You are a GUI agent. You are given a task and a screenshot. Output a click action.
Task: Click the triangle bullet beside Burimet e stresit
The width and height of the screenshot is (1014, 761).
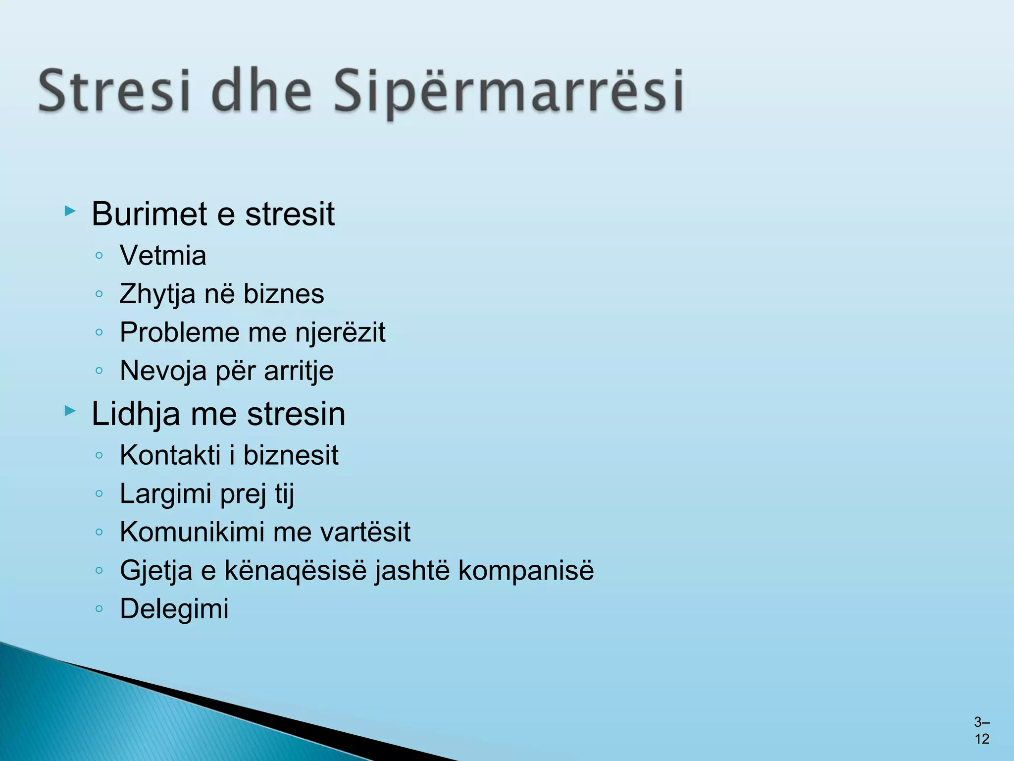(70, 212)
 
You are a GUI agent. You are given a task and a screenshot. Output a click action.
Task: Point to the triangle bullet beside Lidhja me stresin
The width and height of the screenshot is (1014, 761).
(70, 411)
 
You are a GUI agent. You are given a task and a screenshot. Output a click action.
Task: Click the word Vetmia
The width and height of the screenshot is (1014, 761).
(163, 256)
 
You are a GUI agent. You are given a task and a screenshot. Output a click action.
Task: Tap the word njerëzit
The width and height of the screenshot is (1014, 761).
(340, 332)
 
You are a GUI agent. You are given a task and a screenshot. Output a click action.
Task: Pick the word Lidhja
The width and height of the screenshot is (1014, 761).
(136, 414)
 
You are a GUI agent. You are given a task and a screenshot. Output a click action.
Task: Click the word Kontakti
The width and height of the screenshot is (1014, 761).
(170, 455)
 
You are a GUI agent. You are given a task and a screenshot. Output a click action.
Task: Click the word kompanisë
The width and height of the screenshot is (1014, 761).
(526, 570)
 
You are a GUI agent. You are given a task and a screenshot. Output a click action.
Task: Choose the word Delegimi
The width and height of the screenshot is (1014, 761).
(174, 609)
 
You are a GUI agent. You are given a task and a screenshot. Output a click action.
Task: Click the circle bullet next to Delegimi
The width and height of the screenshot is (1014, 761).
(99, 608)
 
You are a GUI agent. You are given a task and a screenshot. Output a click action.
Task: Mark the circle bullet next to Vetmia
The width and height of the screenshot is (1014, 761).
(99, 256)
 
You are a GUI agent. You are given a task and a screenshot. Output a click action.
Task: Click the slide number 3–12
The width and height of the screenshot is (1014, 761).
(982, 731)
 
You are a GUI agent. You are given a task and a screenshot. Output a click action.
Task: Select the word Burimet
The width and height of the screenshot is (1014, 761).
(149, 214)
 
